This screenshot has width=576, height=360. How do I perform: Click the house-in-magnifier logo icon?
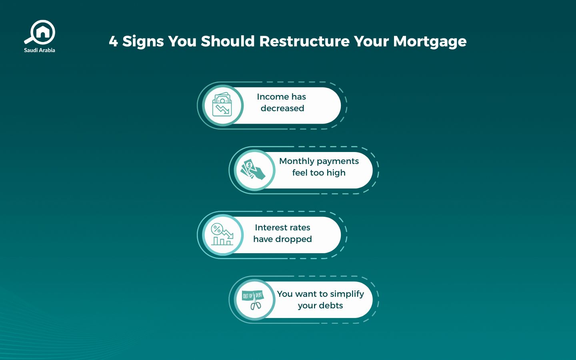coord(40,32)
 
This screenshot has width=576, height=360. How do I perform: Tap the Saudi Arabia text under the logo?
coord(40,50)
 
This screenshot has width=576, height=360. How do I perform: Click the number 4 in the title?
coord(113,41)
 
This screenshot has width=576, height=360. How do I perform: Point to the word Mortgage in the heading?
coord(430,42)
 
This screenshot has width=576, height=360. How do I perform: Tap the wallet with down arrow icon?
coord(222,105)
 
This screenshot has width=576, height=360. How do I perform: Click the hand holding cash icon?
coord(254,170)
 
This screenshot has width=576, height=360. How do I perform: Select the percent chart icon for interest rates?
coord(222,235)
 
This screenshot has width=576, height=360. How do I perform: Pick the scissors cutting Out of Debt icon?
coord(254,300)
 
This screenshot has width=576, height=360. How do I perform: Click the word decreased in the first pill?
coord(282,108)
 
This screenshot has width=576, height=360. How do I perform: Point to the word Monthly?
coord(296,161)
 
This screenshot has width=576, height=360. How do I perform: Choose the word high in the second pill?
coord(336,173)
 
